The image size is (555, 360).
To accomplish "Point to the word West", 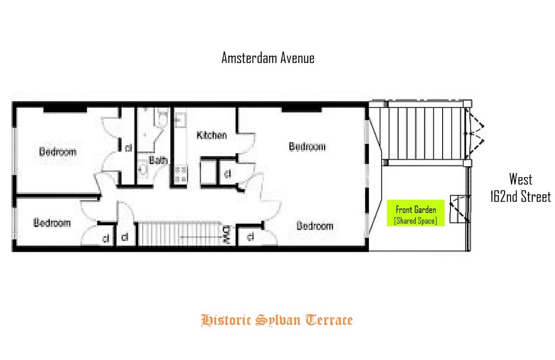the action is (521, 180).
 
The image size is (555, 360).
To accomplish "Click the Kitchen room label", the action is (212, 136).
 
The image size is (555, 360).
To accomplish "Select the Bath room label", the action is (158, 161).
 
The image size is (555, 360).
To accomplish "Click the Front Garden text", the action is (416, 210).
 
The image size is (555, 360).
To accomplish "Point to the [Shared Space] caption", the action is (416, 221).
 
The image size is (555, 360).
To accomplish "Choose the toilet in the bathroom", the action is (161, 119).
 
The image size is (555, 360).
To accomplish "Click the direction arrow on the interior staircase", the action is (199, 237).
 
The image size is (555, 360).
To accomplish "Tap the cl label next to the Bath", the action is (128, 149).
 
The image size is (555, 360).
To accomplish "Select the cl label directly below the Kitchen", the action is (227, 174).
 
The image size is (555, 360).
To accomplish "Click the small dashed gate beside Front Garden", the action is (459, 210).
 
